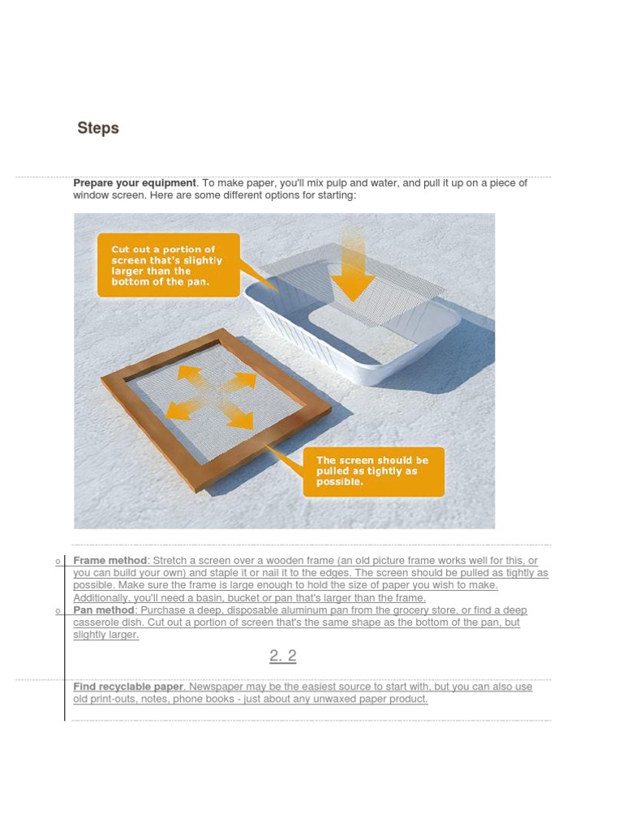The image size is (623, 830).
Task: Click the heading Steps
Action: (98, 128)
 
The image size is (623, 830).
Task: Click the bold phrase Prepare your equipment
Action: (135, 183)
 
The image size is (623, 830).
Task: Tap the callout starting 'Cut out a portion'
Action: (168, 266)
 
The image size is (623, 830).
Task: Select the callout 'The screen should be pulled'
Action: (373, 471)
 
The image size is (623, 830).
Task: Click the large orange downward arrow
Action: (353, 267)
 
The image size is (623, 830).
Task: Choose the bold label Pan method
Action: (104, 610)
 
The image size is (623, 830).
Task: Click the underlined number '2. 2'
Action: (283, 657)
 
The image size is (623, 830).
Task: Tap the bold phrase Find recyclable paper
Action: (128, 687)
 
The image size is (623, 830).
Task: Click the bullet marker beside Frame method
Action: (58, 561)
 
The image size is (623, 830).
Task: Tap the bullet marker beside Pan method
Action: (58, 610)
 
